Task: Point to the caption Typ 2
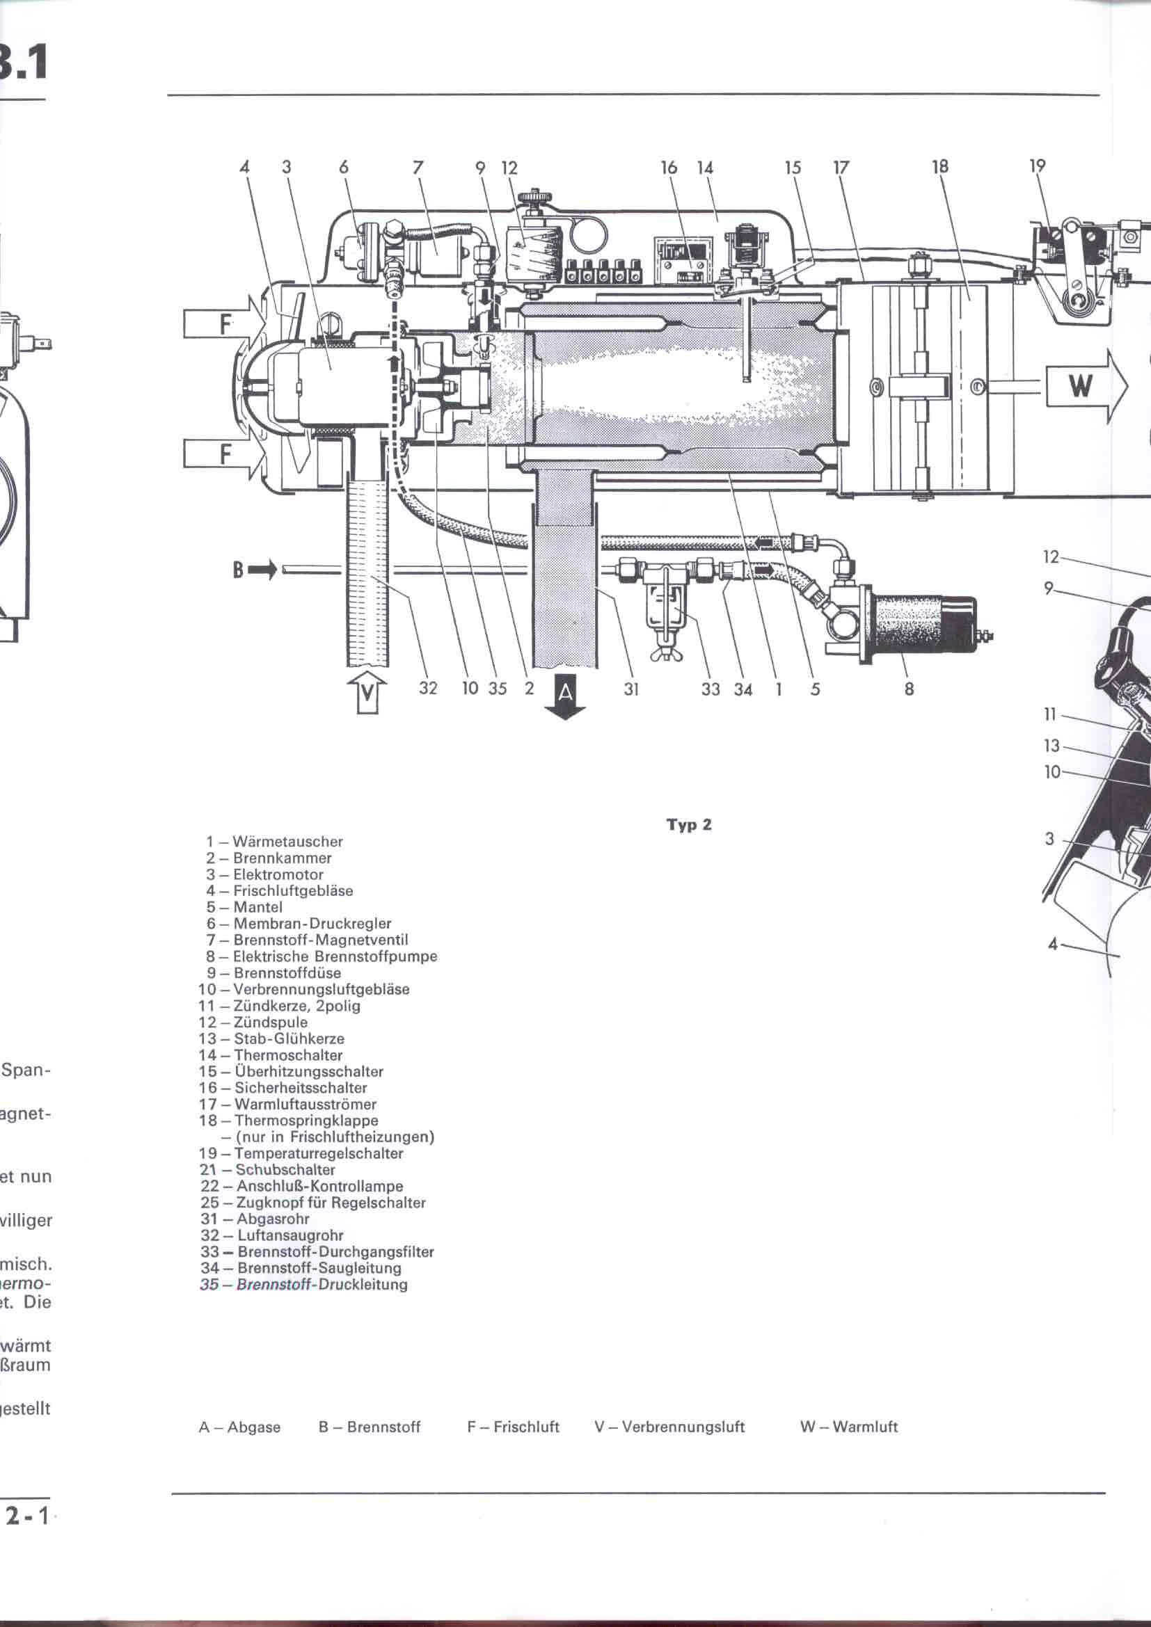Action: (688, 825)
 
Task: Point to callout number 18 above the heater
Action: (939, 167)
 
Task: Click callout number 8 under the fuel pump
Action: (909, 688)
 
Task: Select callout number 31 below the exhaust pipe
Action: (631, 688)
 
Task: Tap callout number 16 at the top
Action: (668, 168)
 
